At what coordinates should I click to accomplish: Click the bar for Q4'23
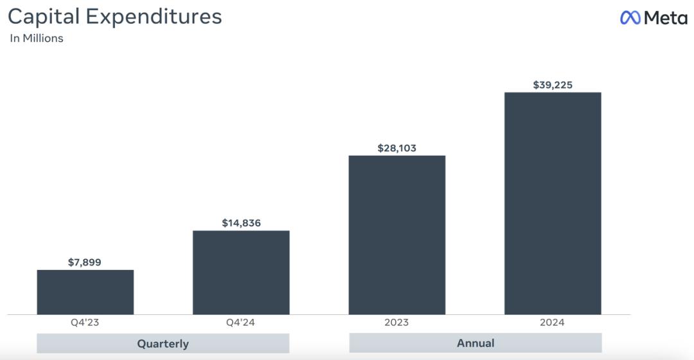pyautogui.click(x=85, y=292)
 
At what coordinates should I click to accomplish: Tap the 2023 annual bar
pyautogui.click(x=396, y=235)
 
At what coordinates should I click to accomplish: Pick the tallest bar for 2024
pyautogui.click(x=553, y=203)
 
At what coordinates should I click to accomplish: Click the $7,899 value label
pyautogui.click(x=85, y=262)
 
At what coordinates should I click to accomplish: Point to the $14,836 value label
pyautogui.click(x=241, y=223)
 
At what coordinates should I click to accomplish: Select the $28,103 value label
pyautogui.click(x=396, y=148)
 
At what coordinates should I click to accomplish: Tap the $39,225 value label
pyautogui.click(x=553, y=85)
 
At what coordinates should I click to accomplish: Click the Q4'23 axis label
pyautogui.click(x=85, y=323)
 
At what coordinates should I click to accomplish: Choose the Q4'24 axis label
pyautogui.click(x=241, y=323)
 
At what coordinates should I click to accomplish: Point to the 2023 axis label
pyautogui.click(x=396, y=323)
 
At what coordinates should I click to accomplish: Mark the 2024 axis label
pyautogui.click(x=553, y=323)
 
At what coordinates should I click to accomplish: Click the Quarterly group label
pyautogui.click(x=163, y=343)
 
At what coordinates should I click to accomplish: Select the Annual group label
pyautogui.click(x=476, y=343)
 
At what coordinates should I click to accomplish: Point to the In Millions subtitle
pyautogui.click(x=37, y=39)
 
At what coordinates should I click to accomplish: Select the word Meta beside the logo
pyautogui.click(x=666, y=18)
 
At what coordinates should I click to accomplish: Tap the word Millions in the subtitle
pyautogui.click(x=43, y=39)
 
